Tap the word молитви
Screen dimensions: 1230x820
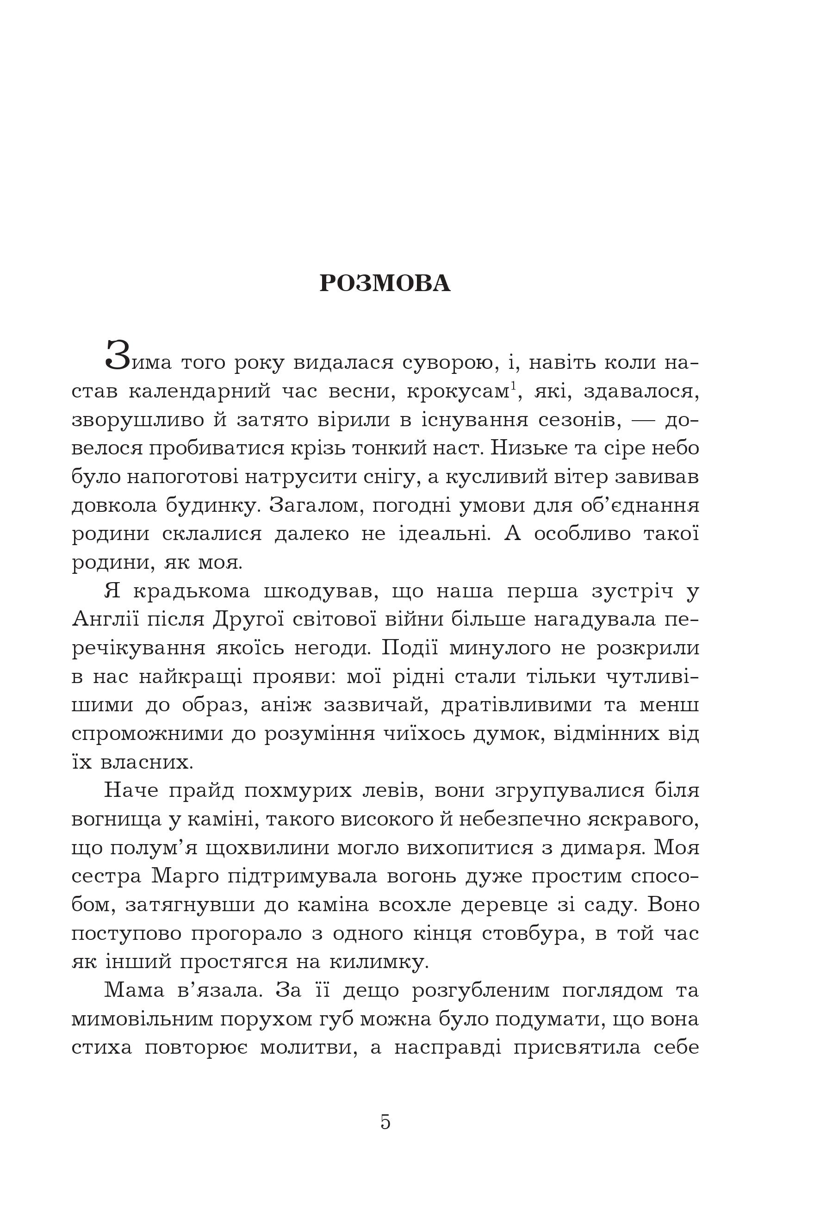309,1047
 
